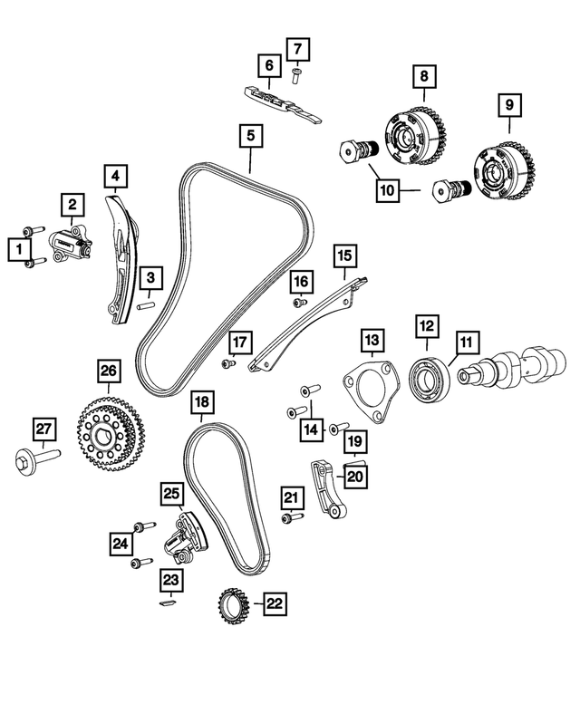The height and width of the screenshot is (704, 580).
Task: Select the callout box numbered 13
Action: click(x=372, y=341)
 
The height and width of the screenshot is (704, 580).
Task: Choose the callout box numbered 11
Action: click(x=465, y=342)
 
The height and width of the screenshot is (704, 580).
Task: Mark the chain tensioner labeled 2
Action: click(x=72, y=243)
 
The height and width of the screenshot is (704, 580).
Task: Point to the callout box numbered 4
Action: click(x=115, y=174)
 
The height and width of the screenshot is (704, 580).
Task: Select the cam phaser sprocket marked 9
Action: click(x=502, y=172)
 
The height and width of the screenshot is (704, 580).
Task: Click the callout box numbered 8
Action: click(x=422, y=77)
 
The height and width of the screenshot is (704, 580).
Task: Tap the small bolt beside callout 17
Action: click(x=227, y=363)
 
